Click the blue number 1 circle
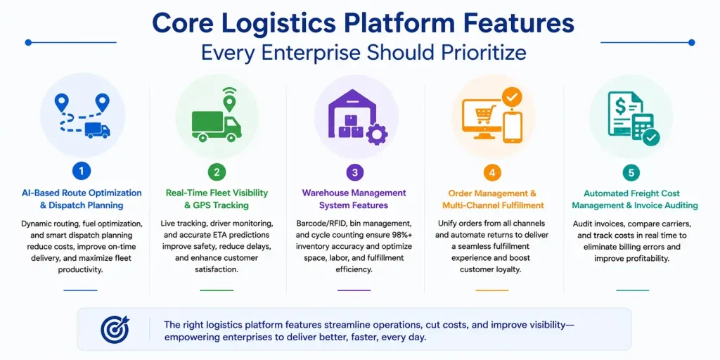[x=82, y=172]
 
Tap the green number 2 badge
[x=217, y=172]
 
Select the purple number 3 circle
[x=354, y=172]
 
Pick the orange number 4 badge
[x=492, y=173]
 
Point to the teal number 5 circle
[x=631, y=173]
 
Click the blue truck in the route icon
[x=98, y=130]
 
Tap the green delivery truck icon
[x=217, y=127]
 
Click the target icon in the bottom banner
[x=115, y=329]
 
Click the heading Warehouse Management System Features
[x=354, y=199]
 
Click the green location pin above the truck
[x=228, y=101]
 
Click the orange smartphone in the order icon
[x=513, y=125]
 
